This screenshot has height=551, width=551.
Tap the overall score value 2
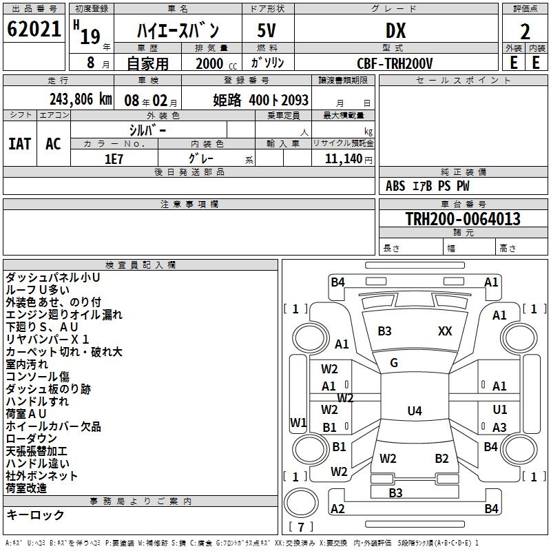click(x=525, y=32)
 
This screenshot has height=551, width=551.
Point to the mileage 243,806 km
click(x=81, y=99)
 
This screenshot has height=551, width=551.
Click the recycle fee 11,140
click(x=344, y=159)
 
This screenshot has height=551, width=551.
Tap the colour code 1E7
click(x=114, y=159)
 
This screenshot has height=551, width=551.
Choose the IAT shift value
click(x=20, y=144)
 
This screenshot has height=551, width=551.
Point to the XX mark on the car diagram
click(x=445, y=331)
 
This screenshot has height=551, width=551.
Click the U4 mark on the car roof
click(x=414, y=411)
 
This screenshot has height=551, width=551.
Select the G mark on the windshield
click(x=393, y=363)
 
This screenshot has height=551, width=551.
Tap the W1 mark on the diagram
click(x=298, y=422)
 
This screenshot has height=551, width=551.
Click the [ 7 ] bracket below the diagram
click(x=301, y=528)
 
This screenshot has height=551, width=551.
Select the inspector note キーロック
click(x=35, y=515)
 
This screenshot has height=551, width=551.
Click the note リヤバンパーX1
click(x=48, y=340)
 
